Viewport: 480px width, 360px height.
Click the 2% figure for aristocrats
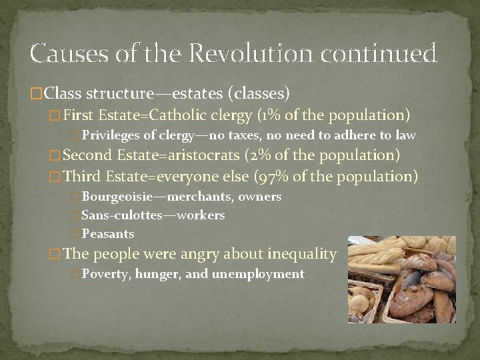point(264,156)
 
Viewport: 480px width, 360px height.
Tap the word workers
point(203,215)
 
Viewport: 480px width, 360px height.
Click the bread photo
point(401,279)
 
